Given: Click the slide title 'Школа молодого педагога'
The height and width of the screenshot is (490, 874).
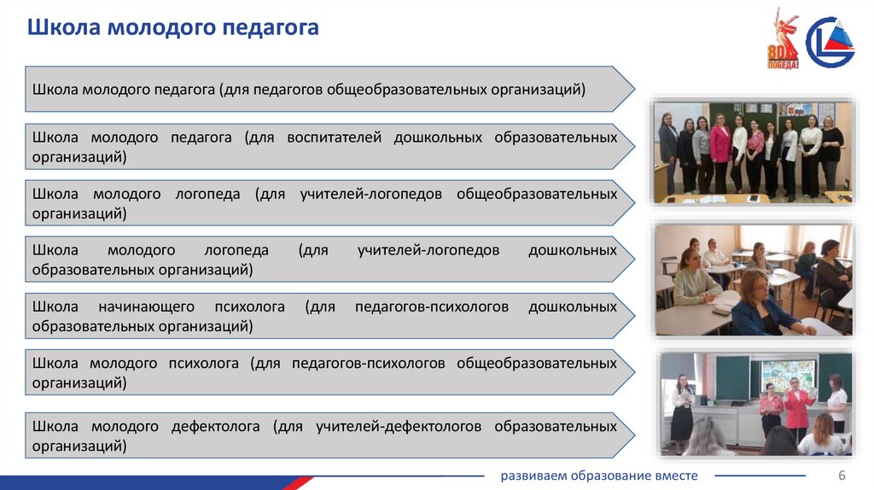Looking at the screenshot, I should point(173,27).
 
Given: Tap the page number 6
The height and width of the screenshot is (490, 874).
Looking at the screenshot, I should point(842,475).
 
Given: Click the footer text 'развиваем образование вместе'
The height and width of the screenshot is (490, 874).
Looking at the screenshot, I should point(599,475).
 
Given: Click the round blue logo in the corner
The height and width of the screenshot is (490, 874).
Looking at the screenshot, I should point(830,41).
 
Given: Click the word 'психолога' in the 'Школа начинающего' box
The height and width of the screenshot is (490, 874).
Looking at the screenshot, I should point(255,306).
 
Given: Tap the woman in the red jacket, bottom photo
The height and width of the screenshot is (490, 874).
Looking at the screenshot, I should point(798,408).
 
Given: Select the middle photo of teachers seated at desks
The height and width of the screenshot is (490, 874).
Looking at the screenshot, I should point(754,280).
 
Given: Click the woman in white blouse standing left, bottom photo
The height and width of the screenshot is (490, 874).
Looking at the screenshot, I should point(682,407).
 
